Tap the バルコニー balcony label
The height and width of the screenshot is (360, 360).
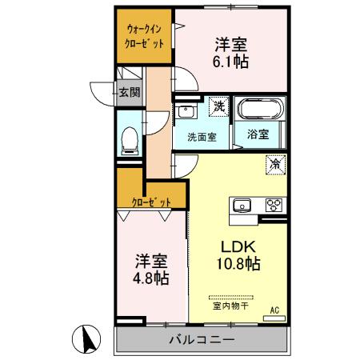(x=201, y=339)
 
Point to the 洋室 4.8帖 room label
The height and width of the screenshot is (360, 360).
(x=150, y=269)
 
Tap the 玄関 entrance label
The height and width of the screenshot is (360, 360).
(x=130, y=92)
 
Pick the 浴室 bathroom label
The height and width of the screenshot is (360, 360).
(x=258, y=136)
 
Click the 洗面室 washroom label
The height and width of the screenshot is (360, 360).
(x=201, y=136)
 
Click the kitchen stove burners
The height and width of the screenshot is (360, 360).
(x=274, y=205)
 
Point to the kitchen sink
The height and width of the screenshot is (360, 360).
(x=242, y=206)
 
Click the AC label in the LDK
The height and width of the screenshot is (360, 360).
(x=274, y=309)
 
